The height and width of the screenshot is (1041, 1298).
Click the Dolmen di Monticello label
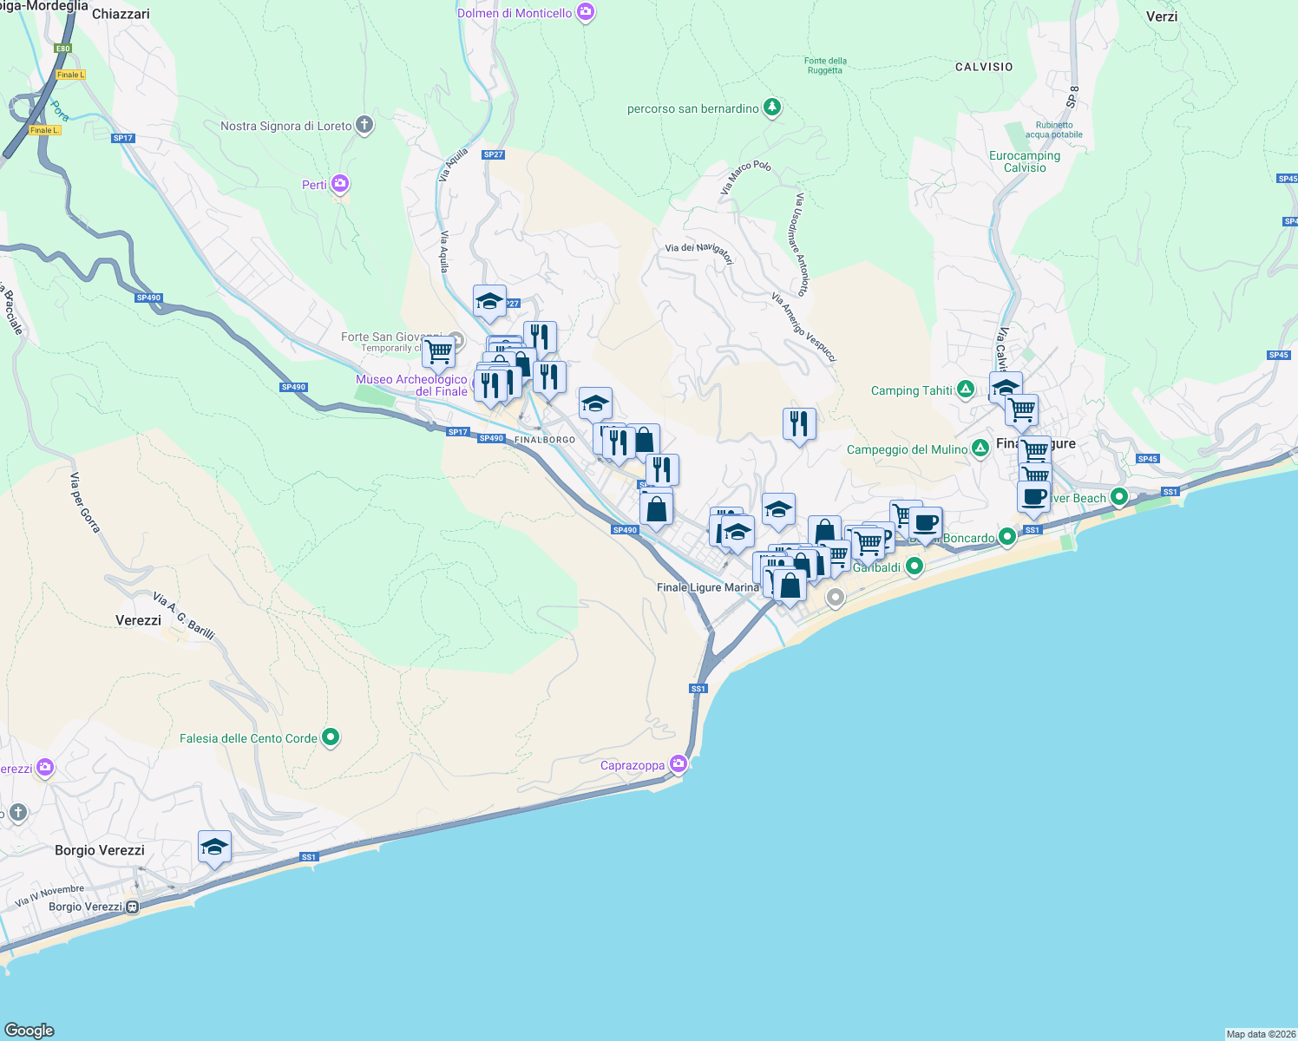tap(515, 13)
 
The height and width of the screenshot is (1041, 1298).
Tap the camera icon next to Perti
tap(340, 184)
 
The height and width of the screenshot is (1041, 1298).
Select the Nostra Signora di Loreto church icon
tap(364, 125)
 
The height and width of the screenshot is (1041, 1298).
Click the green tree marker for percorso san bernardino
tap(772, 108)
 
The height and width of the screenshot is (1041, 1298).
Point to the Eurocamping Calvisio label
tap(1025, 161)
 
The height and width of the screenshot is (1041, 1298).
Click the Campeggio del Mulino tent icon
tap(980, 448)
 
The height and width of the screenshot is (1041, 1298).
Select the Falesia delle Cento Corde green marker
tap(331, 737)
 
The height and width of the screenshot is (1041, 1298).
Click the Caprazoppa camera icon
tap(678, 764)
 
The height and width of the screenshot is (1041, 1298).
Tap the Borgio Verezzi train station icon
tap(132, 907)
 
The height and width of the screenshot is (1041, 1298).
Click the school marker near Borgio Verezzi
tap(214, 848)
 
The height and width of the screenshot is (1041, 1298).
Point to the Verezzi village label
tap(139, 620)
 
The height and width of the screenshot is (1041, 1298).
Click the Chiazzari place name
tap(121, 14)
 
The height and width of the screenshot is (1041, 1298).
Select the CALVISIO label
tap(984, 67)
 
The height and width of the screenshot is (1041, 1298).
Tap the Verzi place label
tap(1162, 16)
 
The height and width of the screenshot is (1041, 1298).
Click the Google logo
tap(29, 1031)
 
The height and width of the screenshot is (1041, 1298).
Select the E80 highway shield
tap(62, 49)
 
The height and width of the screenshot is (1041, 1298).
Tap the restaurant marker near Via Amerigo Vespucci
tap(799, 424)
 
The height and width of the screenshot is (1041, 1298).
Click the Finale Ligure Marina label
tap(708, 587)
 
